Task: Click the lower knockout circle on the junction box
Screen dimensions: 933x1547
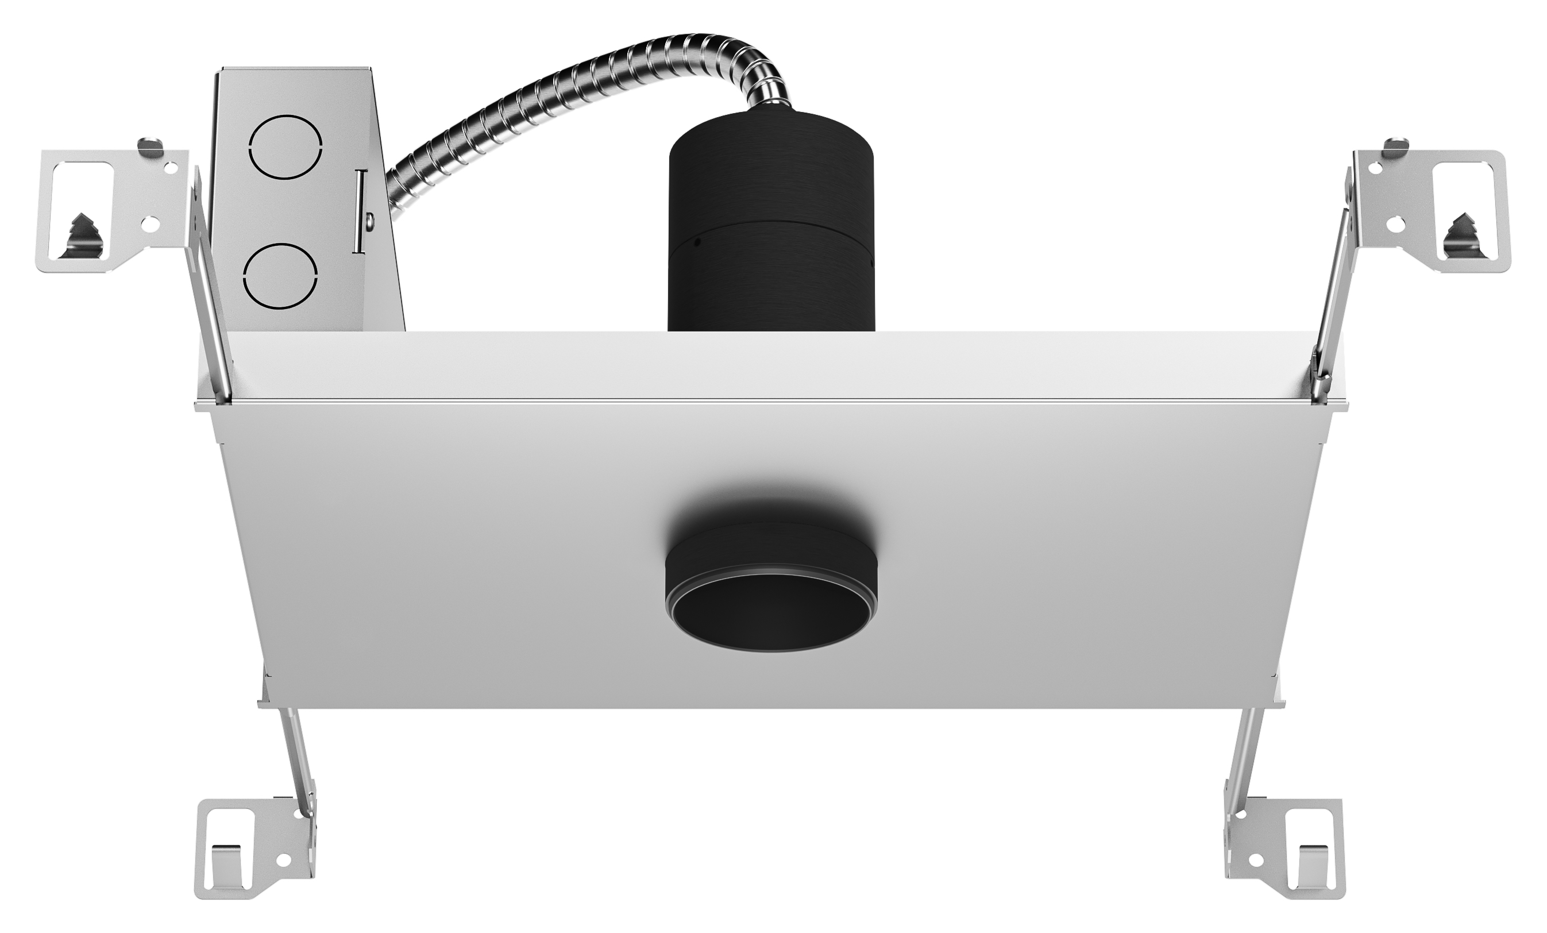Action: tap(280, 276)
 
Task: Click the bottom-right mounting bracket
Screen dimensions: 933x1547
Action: tap(1287, 847)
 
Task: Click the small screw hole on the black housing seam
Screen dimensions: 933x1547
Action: tap(697, 242)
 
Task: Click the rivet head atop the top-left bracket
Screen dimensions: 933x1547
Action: tap(149, 144)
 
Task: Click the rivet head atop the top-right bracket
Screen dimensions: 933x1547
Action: tap(1396, 144)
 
